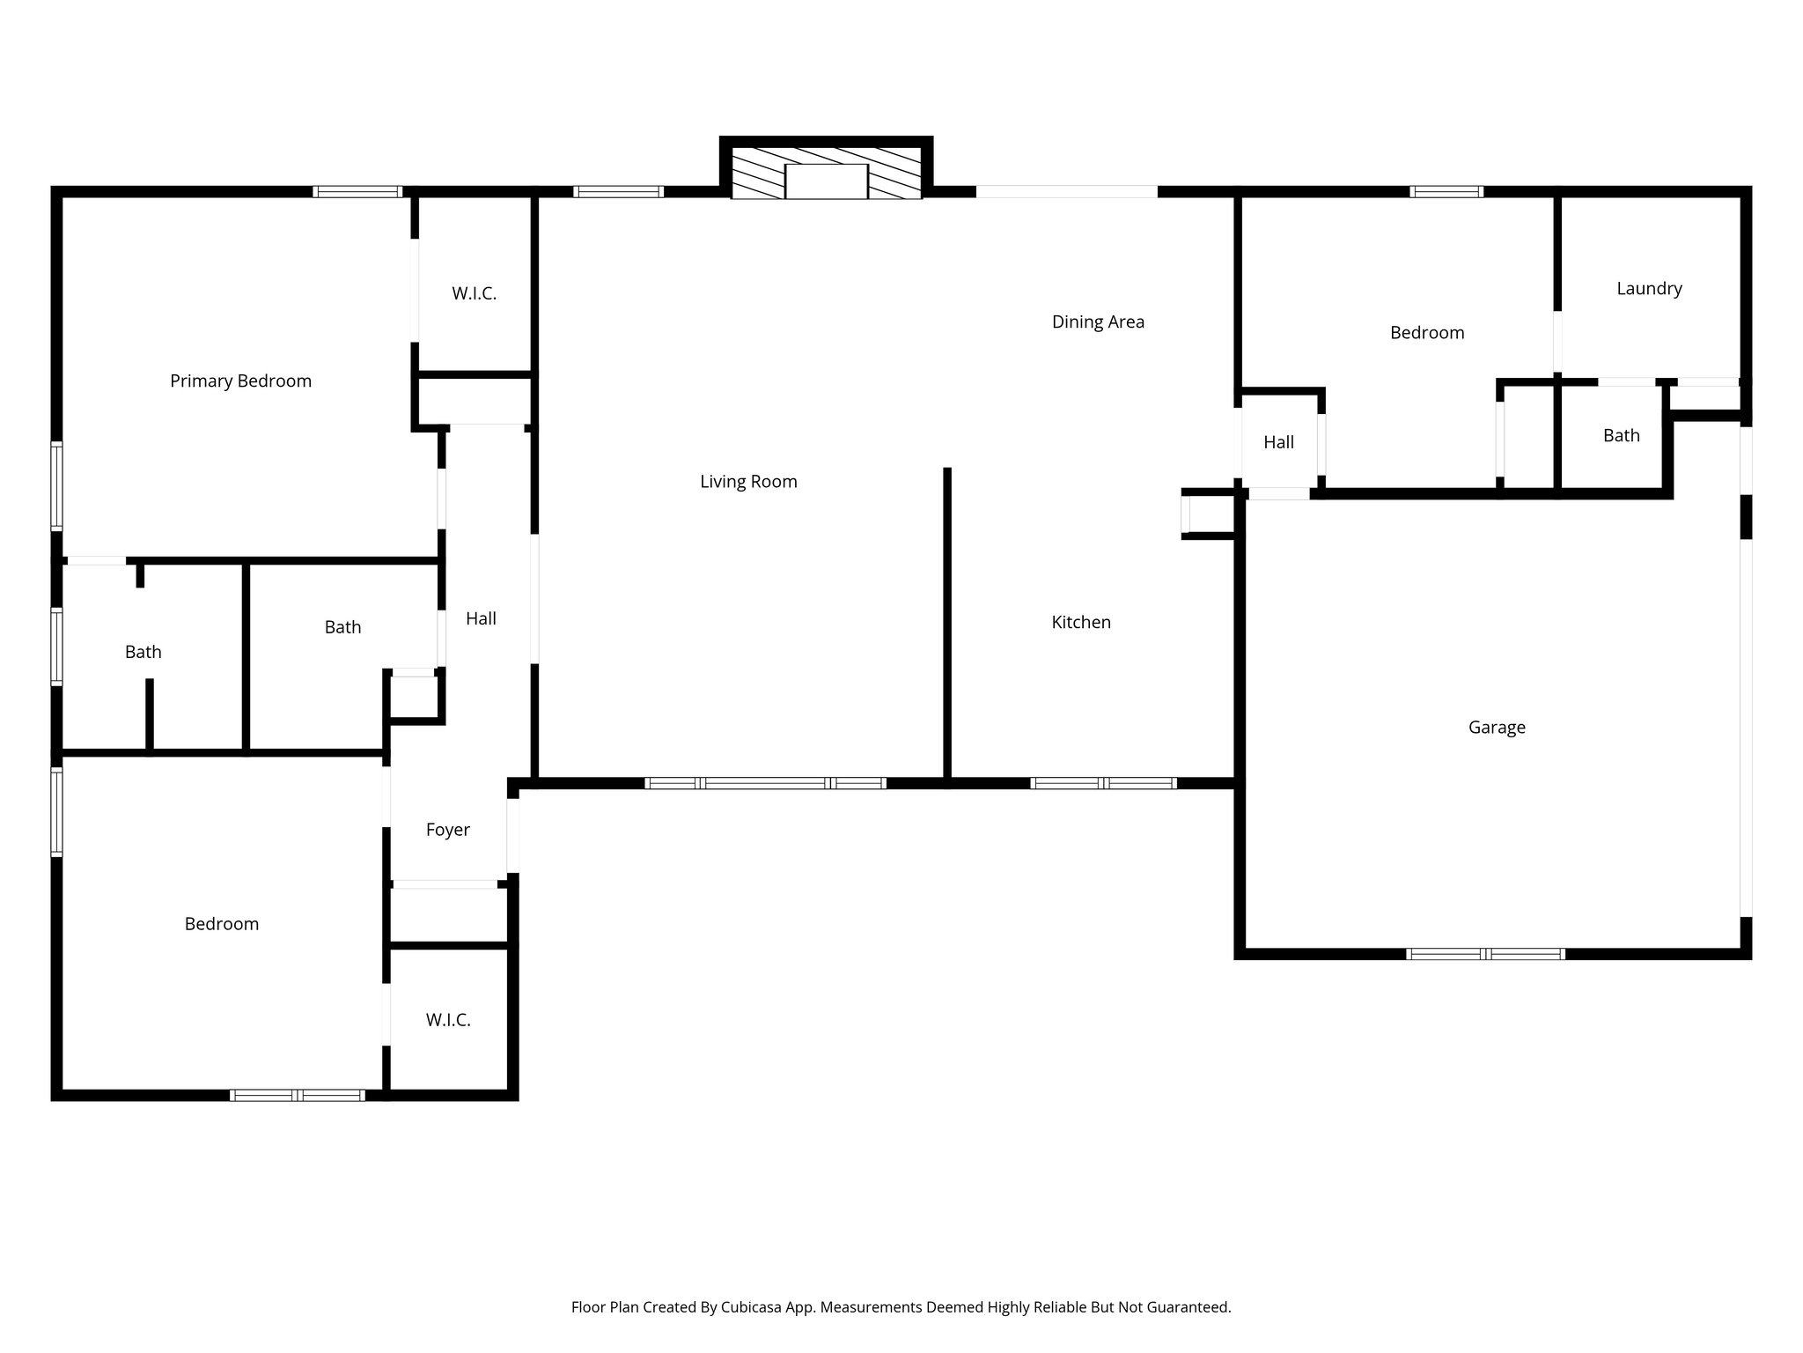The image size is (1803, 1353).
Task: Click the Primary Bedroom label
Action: (240, 381)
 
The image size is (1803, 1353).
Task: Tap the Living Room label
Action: (748, 482)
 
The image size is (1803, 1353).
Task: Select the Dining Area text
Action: (1098, 322)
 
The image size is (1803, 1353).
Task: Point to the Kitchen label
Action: (1081, 623)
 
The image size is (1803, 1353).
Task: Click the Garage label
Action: (1497, 728)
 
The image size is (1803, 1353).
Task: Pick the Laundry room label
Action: (1649, 289)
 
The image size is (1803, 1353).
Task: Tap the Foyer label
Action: (447, 830)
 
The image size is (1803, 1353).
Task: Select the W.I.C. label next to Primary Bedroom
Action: (474, 294)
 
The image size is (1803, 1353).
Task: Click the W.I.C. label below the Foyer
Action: (448, 1020)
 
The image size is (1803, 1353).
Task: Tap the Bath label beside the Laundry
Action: (1621, 436)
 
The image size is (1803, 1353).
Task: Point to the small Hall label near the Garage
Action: (1278, 443)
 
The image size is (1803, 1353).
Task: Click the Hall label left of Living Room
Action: (481, 619)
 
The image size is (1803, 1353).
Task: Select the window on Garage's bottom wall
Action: (1485, 954)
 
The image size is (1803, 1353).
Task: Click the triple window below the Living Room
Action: (765, 783)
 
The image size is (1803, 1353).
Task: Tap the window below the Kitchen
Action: (1103, 783)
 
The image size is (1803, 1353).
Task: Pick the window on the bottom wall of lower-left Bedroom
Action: (297, 1096)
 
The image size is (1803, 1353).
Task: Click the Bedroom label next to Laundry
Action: (1426, 333)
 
